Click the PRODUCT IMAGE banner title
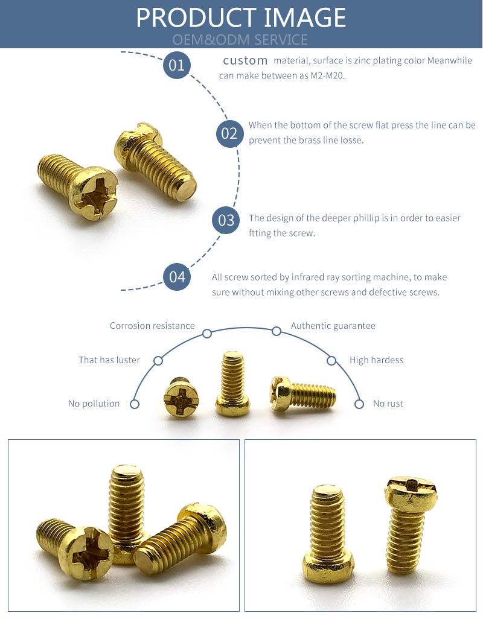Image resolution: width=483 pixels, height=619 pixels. click(x=241, y=17)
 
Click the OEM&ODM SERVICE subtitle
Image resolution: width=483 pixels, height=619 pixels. click(x=240, y=40)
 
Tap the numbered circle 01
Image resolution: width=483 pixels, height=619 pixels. click(x=177, y=65)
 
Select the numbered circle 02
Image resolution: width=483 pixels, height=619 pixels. click(x=229, y=133)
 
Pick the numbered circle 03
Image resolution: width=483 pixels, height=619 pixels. click(x=226, y=220)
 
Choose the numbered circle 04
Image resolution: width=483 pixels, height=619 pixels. click(x=177, y=278)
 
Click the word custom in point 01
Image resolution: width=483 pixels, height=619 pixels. click(x=245, y=60)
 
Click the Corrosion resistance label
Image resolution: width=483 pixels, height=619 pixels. click(x=152, y=326)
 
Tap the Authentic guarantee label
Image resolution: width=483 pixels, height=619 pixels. click(x=333, y=326)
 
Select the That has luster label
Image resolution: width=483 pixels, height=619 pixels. click(x=109, y=360)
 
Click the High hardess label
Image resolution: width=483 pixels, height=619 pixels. click(x=376, y=360)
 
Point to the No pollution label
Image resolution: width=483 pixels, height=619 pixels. click(x=94, y=404)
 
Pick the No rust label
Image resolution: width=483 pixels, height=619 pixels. click(x=388, y=404)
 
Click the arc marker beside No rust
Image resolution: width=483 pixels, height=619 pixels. click(x=359, y=404)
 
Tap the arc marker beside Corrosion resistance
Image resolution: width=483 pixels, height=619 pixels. click(x=207, y=334)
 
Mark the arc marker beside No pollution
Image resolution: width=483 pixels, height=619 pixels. click(x=135, y=404)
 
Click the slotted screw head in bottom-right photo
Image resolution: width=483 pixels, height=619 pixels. click(x=411, y=492)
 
